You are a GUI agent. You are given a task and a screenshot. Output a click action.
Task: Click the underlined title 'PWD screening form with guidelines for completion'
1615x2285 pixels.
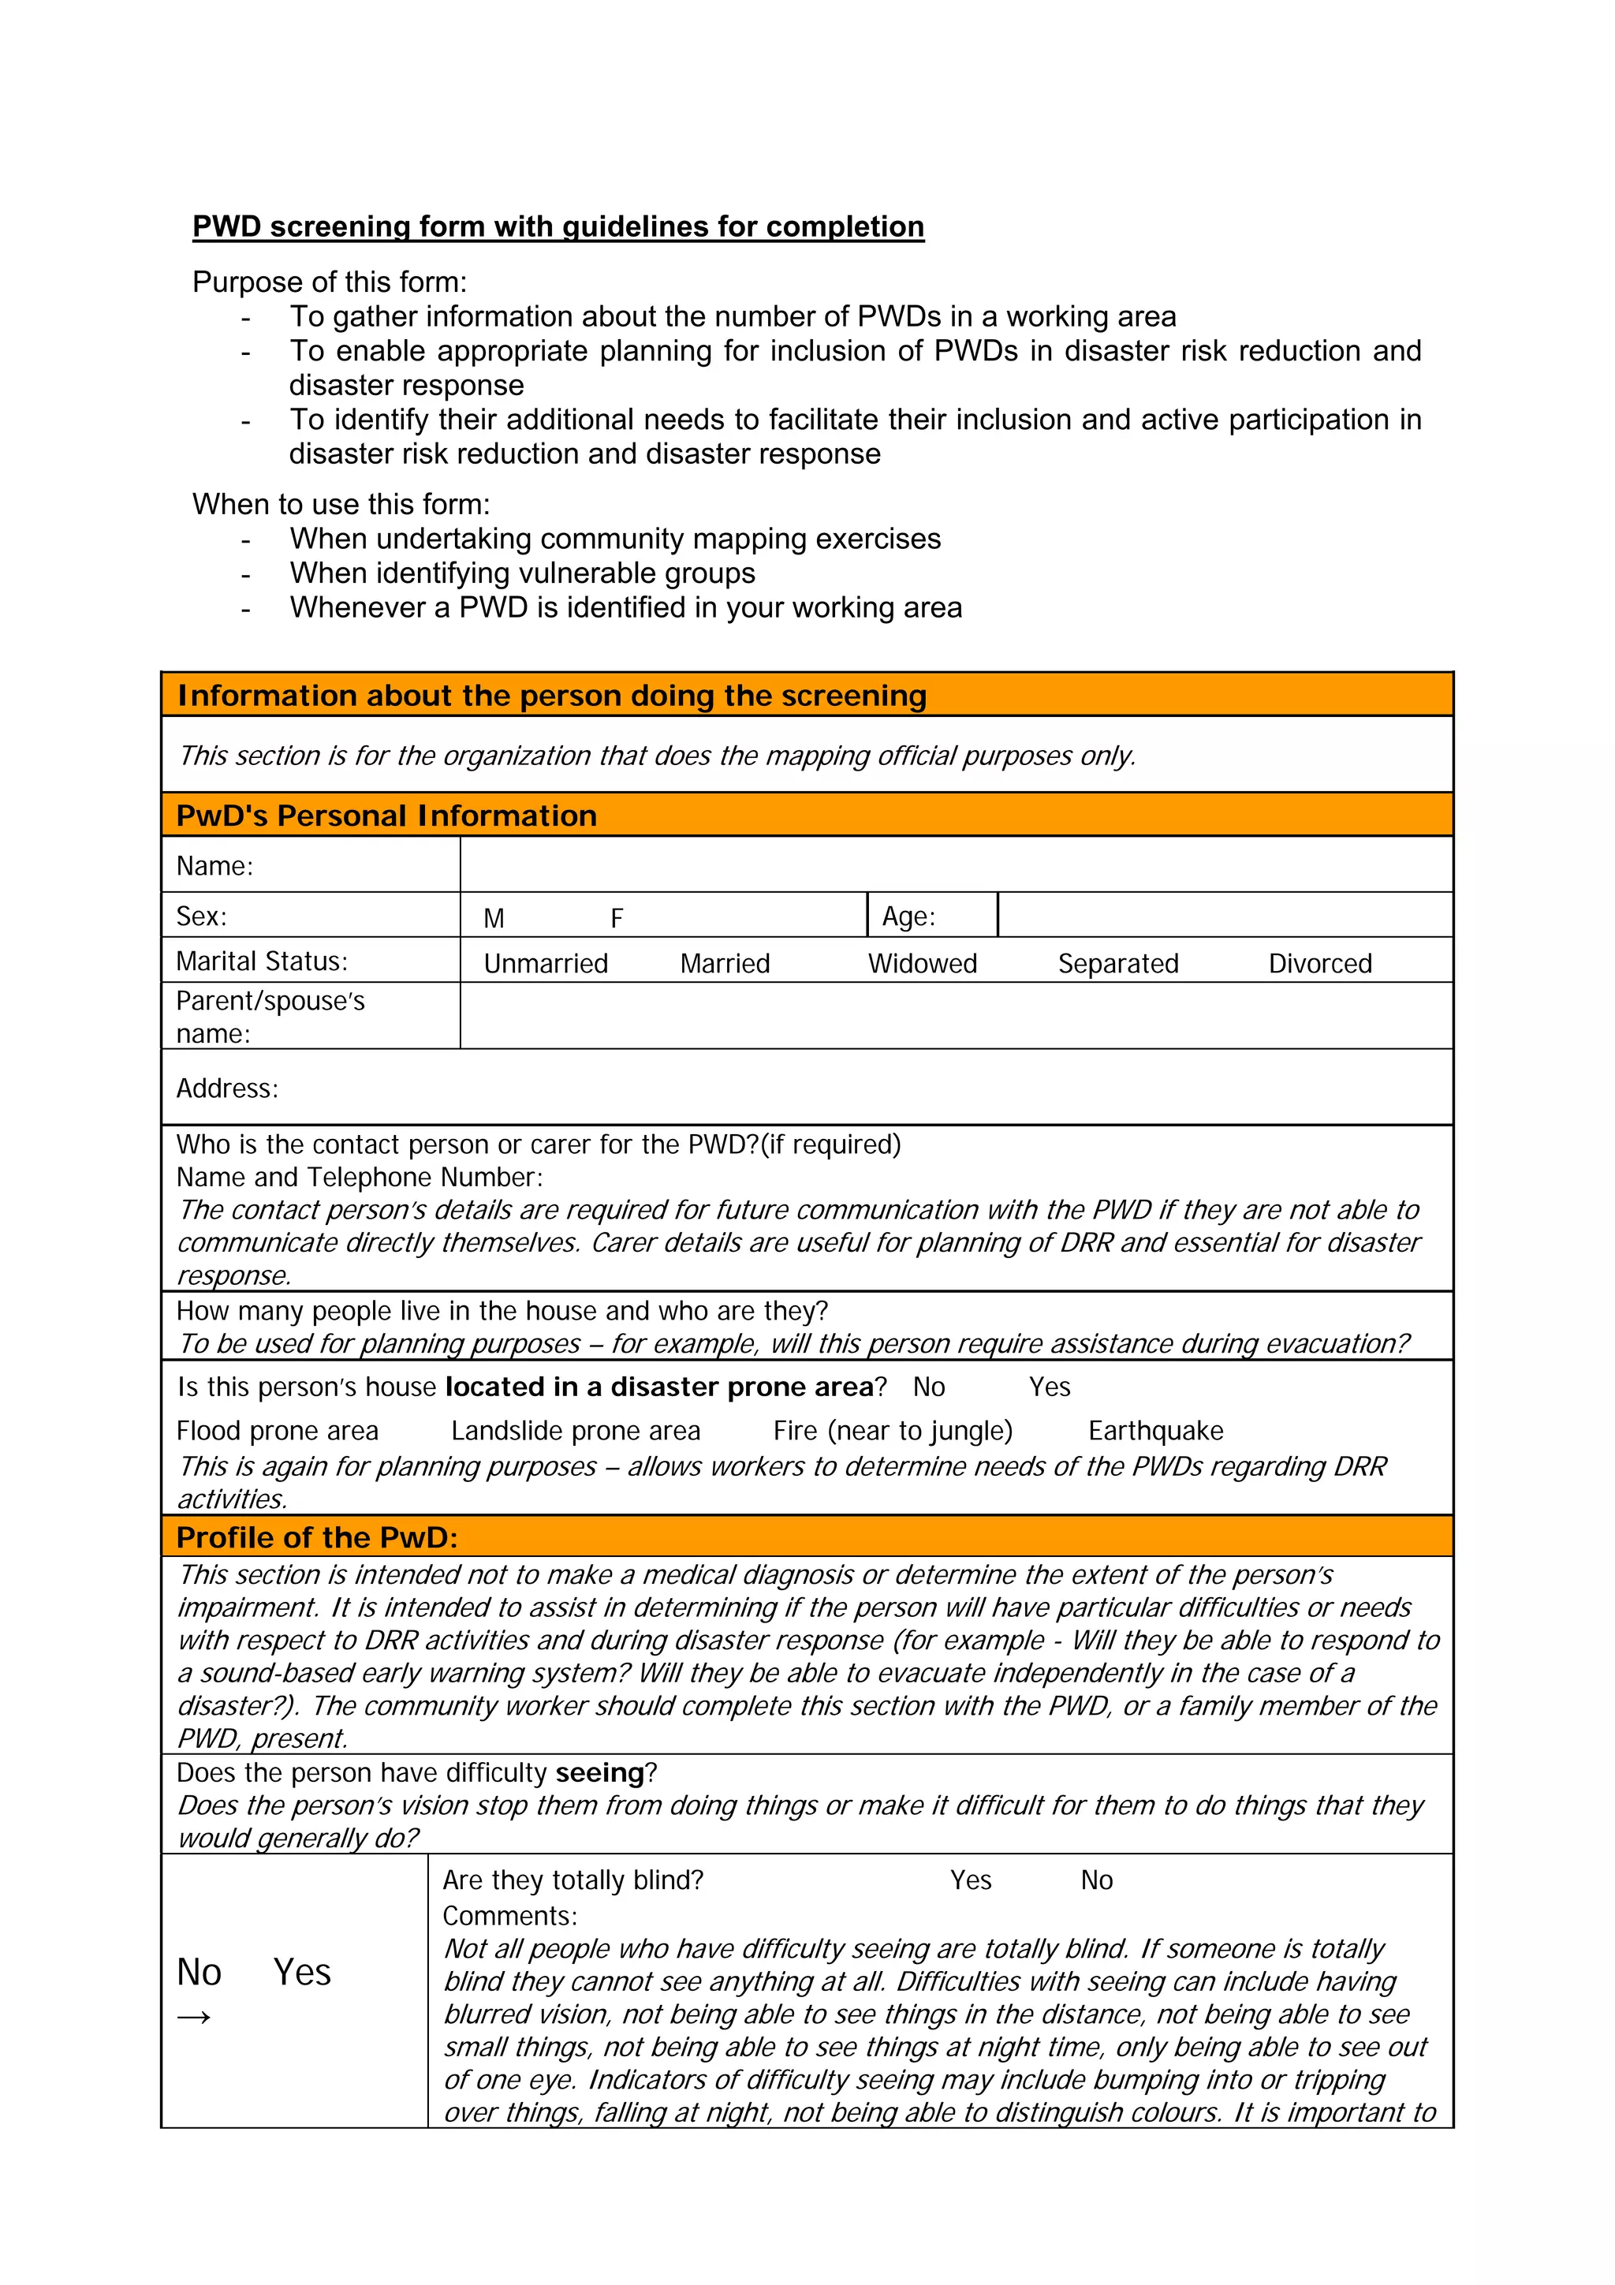[x=558, y=227]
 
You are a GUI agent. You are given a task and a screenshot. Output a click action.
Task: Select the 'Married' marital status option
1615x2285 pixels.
[x=725, y=963]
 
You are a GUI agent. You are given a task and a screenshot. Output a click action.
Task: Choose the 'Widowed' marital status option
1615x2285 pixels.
[x=923, y=963]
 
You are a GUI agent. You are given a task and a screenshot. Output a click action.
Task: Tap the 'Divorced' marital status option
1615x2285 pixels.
[x=1319, y=963]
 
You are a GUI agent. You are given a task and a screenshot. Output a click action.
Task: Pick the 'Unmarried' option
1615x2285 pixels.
[x=545, y=963]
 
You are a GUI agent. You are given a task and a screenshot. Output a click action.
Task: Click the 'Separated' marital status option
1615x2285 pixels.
[x=1117, y=963]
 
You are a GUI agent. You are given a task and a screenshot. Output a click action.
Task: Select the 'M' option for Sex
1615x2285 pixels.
[x=494, y=917]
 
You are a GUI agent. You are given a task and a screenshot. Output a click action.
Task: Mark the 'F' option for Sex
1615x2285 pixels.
[x=616, y=917]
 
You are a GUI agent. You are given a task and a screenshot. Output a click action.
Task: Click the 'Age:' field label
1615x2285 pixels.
[x=908, y=917]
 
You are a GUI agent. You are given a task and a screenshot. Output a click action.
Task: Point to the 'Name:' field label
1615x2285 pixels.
[x=214, y=866]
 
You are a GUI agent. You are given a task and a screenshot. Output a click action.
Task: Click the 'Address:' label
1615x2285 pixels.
[x=227, y=1088]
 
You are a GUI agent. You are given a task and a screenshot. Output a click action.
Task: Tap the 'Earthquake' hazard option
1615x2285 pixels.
[x=1155, y=1430]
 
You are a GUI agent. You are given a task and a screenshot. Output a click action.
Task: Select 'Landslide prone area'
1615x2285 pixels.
[x=575, y=1430]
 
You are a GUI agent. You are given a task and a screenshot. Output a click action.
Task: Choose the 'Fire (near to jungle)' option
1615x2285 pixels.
[x=893, y=1430]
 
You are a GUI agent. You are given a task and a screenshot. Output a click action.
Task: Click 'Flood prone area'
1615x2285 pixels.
[x=277, y=1430]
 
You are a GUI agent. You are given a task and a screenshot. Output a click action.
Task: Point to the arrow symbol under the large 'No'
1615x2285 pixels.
[x=193, y=2018]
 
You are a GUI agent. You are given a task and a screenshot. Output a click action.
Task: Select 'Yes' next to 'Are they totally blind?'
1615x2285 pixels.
[x=970, y=1880]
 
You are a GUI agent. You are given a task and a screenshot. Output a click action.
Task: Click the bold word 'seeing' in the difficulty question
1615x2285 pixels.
[x=600, y=1772]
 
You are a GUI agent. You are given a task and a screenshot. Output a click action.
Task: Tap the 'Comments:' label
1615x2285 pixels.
[x=509, y=1916]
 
